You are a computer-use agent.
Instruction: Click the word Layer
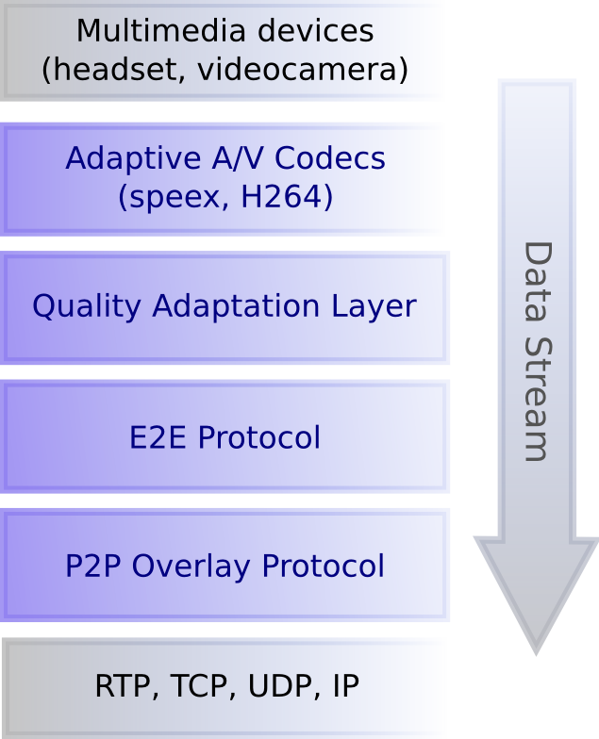click(374, 306)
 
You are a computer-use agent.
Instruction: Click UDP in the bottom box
click(275, 686)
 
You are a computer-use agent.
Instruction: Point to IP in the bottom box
click(346, 686)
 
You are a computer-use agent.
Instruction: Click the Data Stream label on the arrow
click(536, 351)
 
